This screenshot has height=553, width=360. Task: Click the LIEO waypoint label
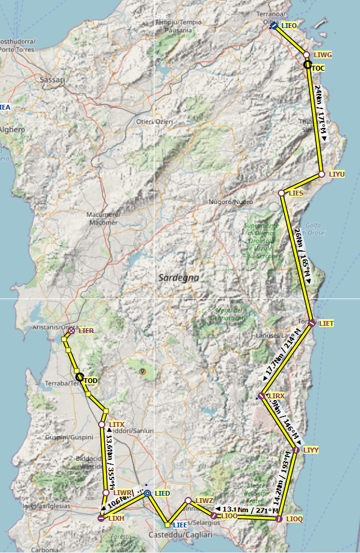coord(289,26)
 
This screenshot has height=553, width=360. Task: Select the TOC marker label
coord(318,68)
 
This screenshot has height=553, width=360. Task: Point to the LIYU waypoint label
coord(336,174)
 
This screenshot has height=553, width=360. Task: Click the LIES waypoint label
coord(296,193)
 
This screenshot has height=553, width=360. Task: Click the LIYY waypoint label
coord(311,450)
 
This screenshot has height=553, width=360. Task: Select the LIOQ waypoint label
coord(294,519)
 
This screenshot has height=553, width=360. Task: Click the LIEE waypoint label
coord(180,524)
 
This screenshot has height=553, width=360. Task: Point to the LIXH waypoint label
coord(116,518)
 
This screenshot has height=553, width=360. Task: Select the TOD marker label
coord(90,381)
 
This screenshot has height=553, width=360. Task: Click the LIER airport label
coord(86,330)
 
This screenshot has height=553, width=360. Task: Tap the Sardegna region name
coord(178,277)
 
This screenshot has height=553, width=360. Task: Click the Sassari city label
coord(52,80)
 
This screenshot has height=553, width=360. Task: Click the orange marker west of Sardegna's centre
coord(143,371)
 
